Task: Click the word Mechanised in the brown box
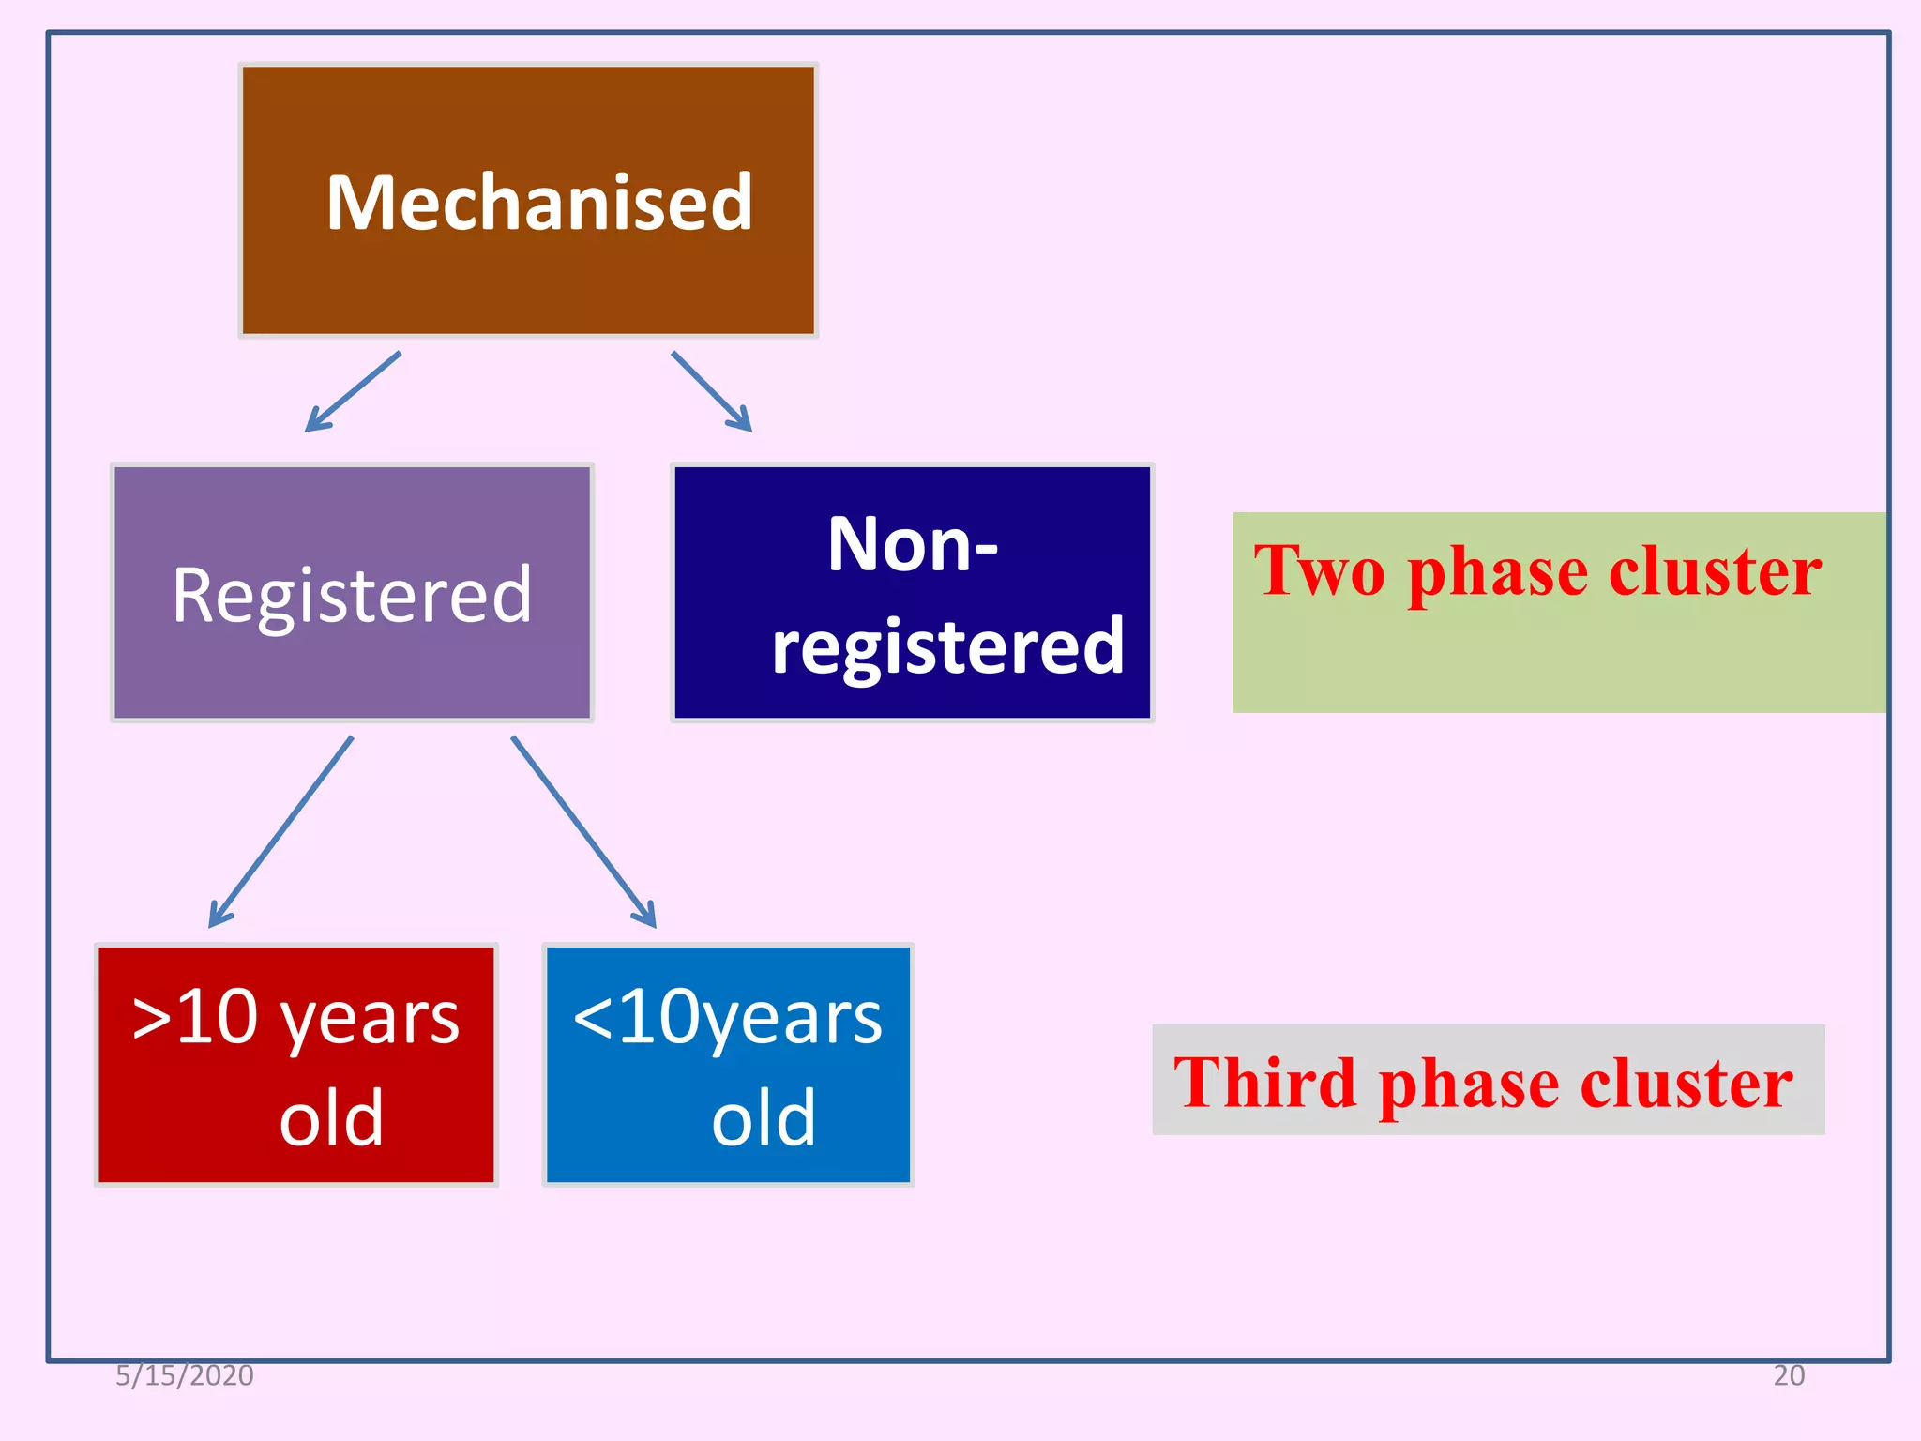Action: pos(539,203)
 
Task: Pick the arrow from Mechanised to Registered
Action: pos(352,392)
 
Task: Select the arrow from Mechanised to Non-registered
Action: pos(712,392)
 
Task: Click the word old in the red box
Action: pos(331,1118)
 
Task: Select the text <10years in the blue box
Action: pos(727,1017)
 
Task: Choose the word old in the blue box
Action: pos(763,1118)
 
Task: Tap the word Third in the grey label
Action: pos(1263,1083)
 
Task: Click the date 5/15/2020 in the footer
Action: pos(185,1375)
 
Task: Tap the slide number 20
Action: pos(1788,1375)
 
